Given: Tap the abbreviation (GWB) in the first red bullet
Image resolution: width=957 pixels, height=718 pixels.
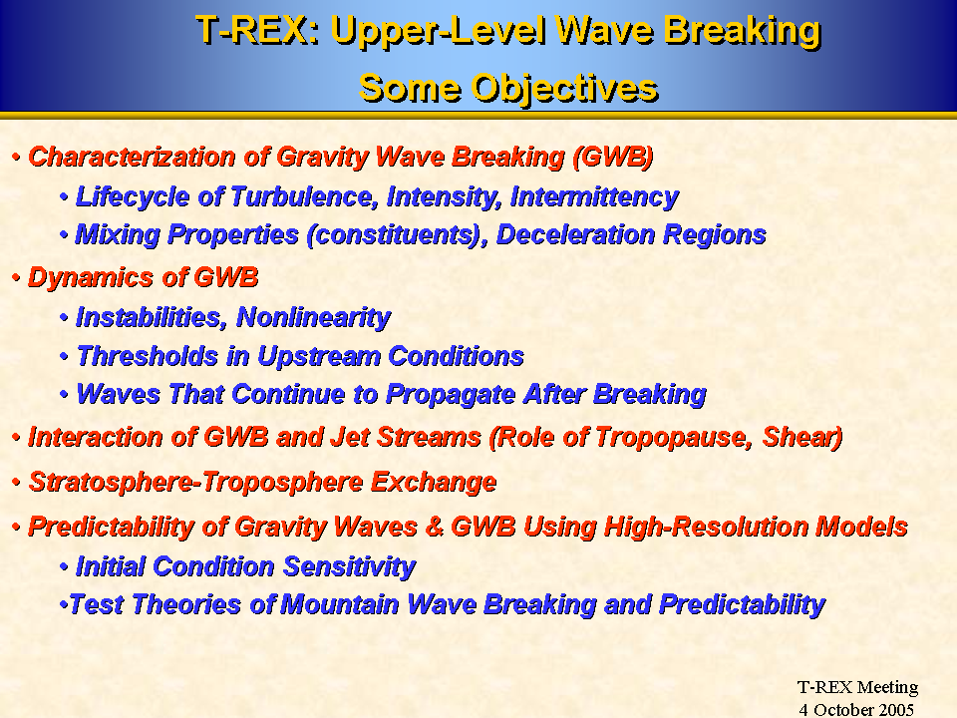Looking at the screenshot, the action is coord(613,157).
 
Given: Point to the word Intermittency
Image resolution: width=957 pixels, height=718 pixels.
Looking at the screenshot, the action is coord(594,197).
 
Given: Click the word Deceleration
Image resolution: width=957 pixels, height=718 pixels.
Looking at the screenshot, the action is coord(575,234).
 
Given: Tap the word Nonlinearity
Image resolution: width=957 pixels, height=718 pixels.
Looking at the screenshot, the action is coord(314,317).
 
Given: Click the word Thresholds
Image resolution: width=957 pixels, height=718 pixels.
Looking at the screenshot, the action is coord(148,357).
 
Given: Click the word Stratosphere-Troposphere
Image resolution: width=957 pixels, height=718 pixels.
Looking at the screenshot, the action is coord(196,483).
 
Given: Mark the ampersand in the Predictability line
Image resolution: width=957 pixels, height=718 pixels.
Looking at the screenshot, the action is coord(434,527).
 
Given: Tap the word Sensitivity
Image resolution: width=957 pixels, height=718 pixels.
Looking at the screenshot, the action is coord(349,566).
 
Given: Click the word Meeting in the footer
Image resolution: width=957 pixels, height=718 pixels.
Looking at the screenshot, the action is coord(887,688).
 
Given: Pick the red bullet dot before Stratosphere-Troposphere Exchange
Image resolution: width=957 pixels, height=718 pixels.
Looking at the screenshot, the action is coord(17,483).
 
